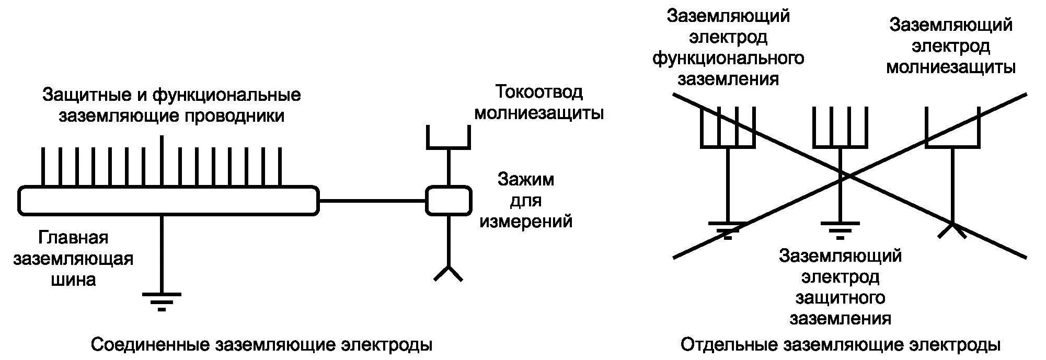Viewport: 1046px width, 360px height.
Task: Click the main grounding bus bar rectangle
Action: tap(167, 200)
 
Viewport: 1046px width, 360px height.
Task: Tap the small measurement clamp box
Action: tap(449, 200)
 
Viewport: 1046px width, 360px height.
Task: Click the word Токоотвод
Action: tap(538, 92)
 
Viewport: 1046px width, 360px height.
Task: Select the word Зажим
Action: tap(525, 179)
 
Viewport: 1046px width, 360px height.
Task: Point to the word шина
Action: tap(73, 280)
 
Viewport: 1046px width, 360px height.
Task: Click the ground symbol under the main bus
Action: tap(162, 300)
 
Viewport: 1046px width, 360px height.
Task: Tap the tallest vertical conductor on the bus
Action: tap(162, 159)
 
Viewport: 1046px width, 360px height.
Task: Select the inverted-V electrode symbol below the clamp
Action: tap(449, 273)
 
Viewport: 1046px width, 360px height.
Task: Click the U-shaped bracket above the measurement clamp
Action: tap(449, 138)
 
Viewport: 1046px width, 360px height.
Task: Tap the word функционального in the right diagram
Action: tap(728, 57)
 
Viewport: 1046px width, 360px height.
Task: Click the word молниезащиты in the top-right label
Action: tap(950, 67)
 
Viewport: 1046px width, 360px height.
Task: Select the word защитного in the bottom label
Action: tap(840, 297)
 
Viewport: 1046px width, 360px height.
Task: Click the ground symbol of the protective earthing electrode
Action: tap(840, 230)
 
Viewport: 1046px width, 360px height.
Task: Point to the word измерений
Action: tap(526, 222)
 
